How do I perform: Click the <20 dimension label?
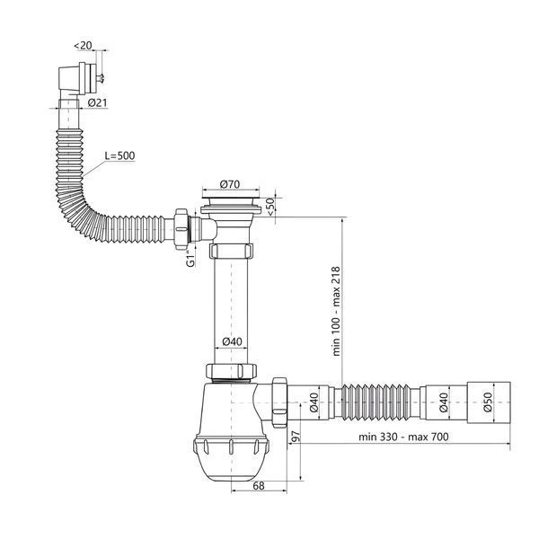click(84, 46)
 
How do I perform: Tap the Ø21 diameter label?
click(97, 102)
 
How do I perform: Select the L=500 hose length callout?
click(119, 155)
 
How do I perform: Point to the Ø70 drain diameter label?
click(230, 184)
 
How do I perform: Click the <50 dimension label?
click(270, 207)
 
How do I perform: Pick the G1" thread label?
click(190, 259)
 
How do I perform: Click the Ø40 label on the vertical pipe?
click(232, 341)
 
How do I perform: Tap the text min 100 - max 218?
click(336, 311)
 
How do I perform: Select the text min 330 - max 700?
click(403, 437)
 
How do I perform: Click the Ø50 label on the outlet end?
click(488, 402)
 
